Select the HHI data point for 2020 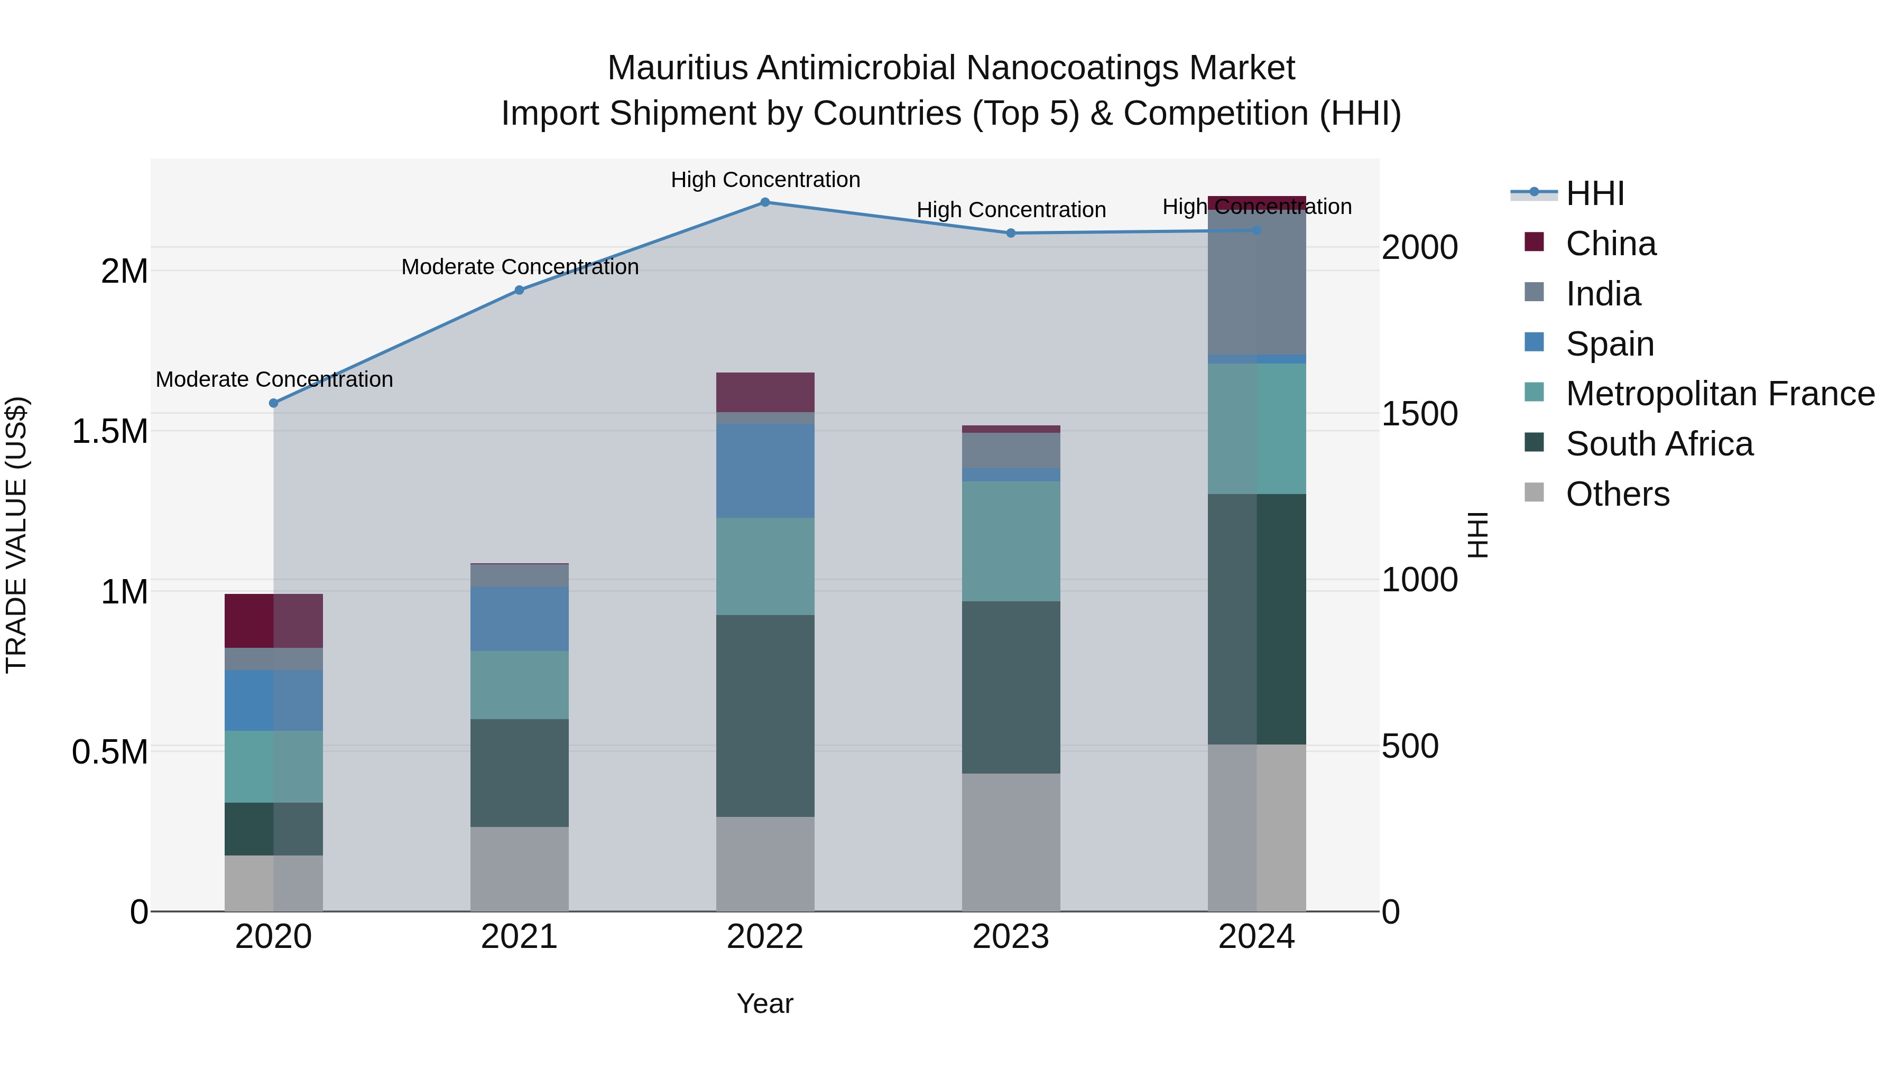pos(273,403)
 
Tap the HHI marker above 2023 pos(1011,234)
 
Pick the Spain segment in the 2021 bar pos(519,619)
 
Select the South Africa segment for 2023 pos(1011,687)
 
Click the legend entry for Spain pos(1609,344)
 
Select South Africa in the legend pos(1658,444)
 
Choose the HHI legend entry pos(1594,193)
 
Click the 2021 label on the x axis pos(519,937)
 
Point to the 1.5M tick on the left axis pos(110,431)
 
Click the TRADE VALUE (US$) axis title pos(16,535)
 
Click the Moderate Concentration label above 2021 pos(519,267)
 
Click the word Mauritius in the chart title pos(678,69)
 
